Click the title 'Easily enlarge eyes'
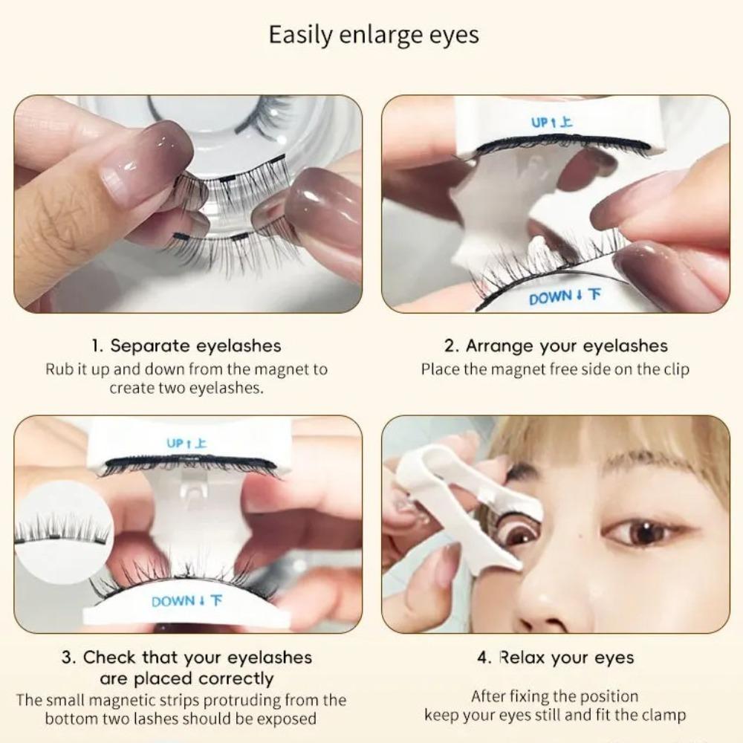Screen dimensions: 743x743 pos(374,35)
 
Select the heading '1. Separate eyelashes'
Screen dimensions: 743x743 pos(186,345)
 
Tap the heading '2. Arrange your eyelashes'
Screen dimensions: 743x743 pos(556,345)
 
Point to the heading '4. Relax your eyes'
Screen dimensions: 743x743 pos(556,658)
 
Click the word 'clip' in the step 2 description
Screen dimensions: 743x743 pos(674,369)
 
